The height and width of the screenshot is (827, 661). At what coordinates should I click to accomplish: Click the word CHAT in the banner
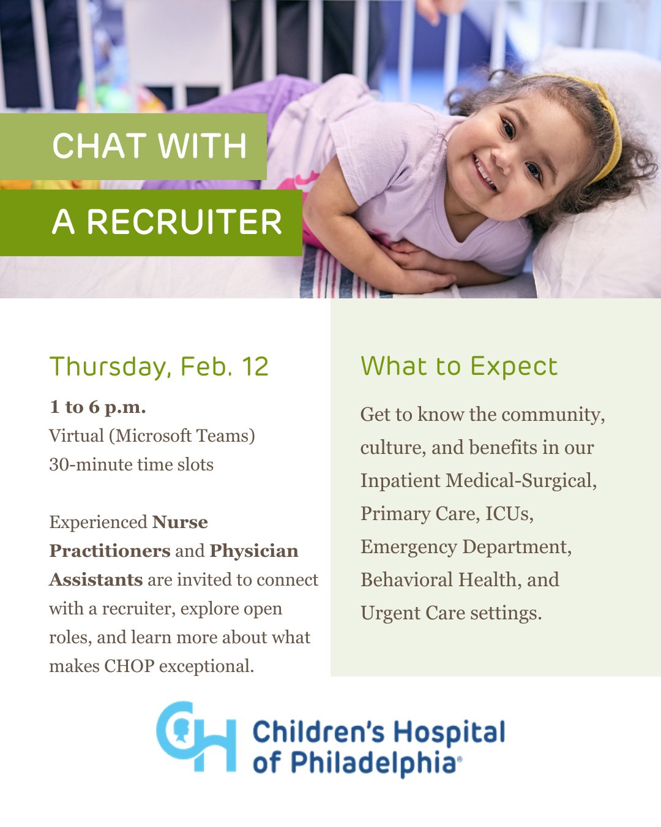[x=100, y=146]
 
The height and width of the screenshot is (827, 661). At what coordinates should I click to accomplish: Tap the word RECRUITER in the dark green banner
[x=185, y=222]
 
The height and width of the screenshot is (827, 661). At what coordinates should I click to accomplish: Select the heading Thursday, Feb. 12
[x=159, y=366]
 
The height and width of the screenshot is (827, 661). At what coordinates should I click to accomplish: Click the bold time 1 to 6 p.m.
[x=97, y=407]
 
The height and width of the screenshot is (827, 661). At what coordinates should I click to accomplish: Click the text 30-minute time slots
[x=132, y=464]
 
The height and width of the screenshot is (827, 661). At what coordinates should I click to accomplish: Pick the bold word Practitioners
[x=110, y=551]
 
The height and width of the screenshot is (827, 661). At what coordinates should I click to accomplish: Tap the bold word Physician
[x=254, y=551]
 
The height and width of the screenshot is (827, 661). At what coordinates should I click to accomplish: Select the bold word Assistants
[x=96, y=580]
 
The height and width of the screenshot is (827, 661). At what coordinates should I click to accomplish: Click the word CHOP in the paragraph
[x=129, y=667]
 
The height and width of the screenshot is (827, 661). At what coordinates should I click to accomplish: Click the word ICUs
[x=509, y=514]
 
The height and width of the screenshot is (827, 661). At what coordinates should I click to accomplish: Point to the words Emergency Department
[x=466, y=547]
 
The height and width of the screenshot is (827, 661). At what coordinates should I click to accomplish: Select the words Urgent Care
[x=413, y=613]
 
